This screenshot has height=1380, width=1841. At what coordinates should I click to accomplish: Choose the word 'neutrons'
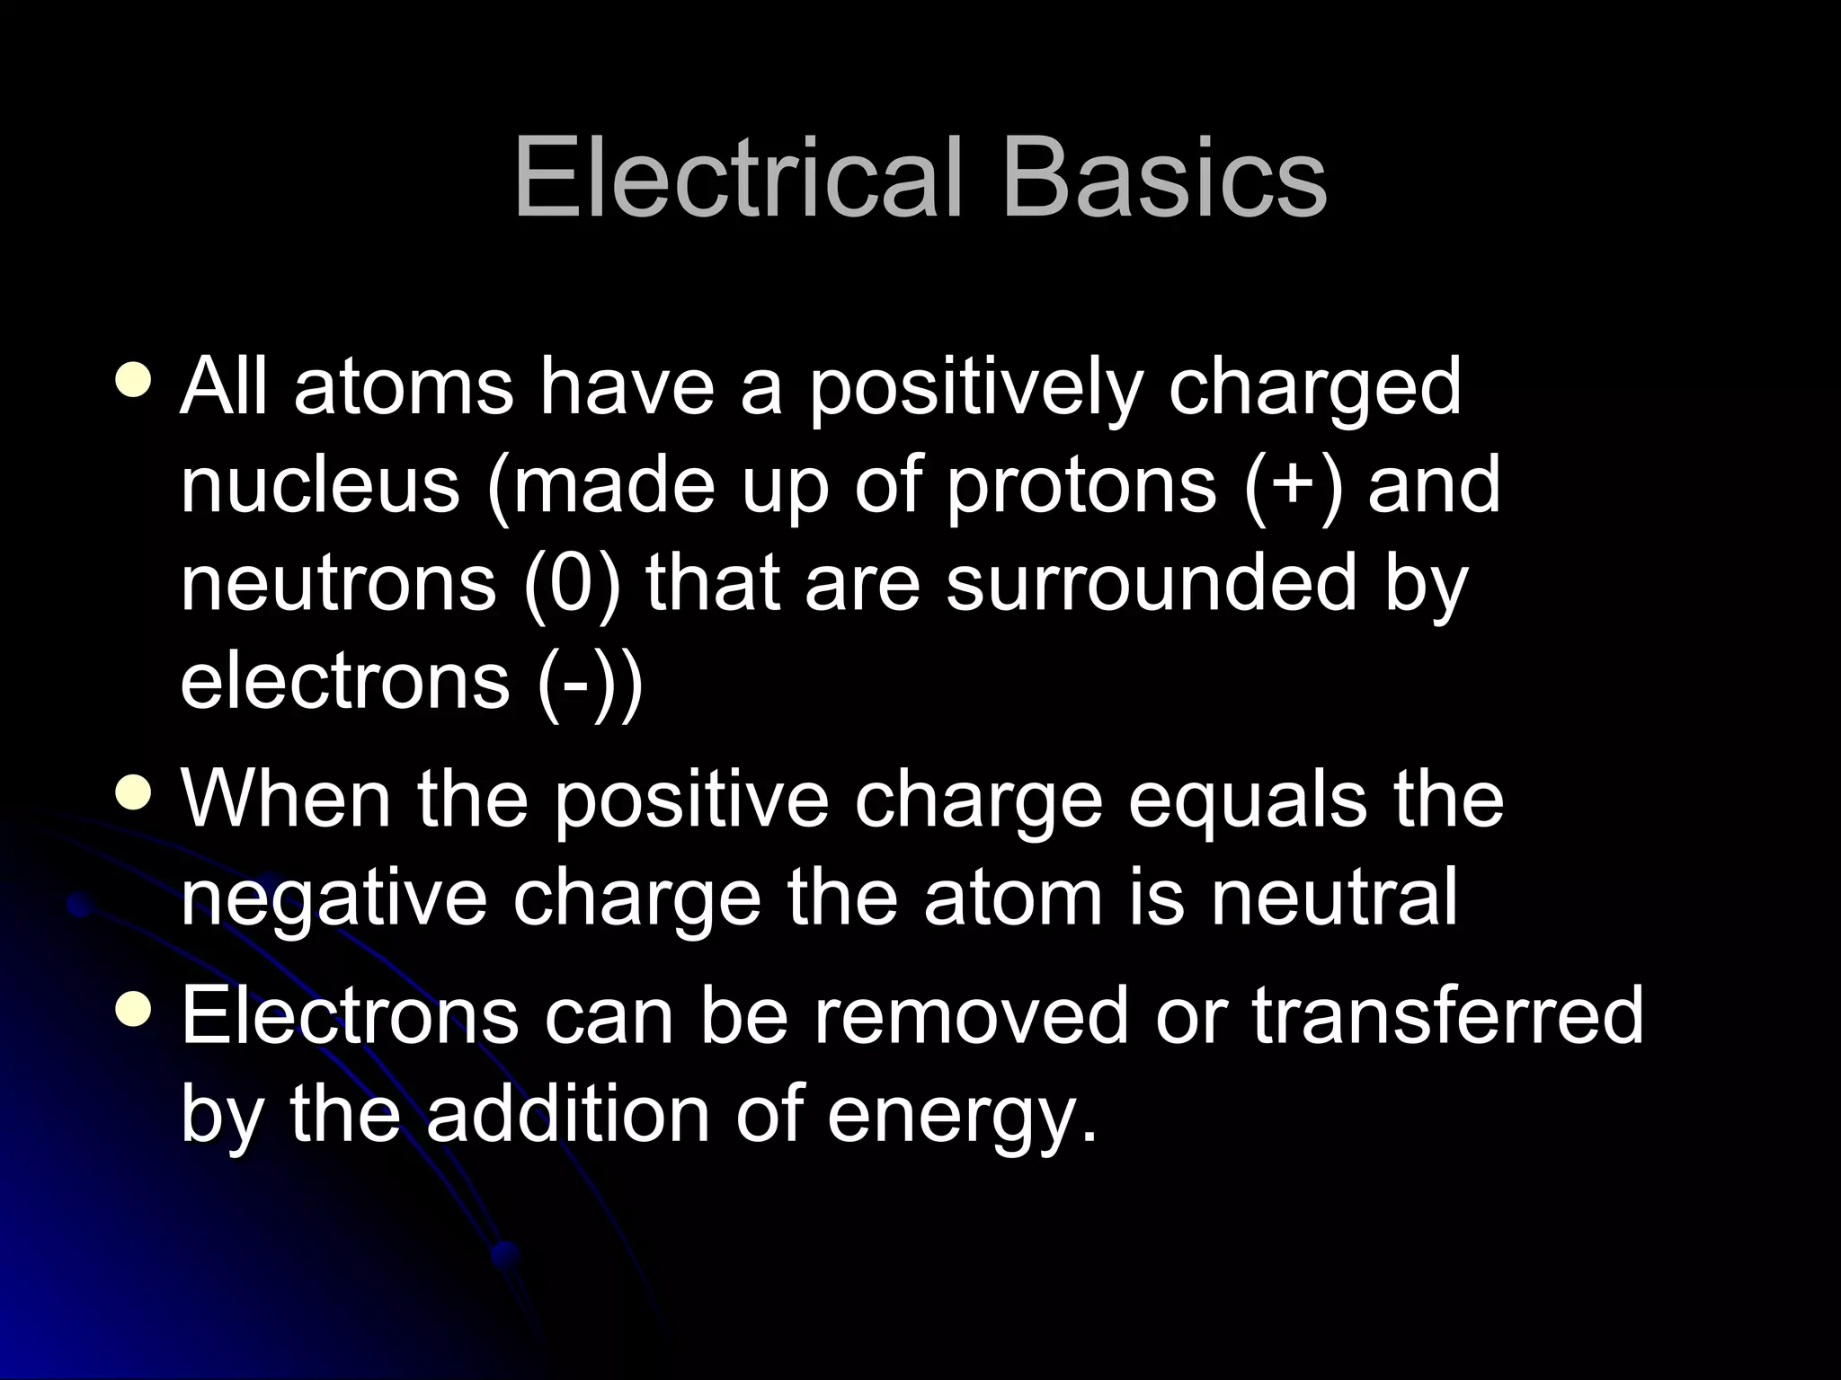pos(338,584)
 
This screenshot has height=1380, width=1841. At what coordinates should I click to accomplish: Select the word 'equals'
pos(1248,802)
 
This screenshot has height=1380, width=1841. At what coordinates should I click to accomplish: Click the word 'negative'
pos(334,900)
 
